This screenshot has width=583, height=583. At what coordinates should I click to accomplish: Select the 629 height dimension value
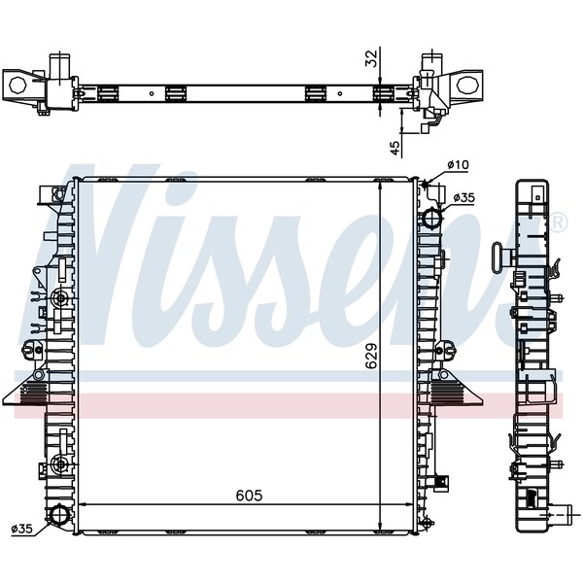coord(370,360)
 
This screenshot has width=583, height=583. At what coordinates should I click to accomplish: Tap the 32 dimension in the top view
coord(370,59)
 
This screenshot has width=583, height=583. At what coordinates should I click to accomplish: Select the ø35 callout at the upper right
coord(463,197)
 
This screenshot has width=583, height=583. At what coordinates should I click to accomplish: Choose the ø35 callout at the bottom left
coord(22,529)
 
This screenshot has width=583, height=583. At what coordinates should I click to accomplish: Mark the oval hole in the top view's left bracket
coord(17,84)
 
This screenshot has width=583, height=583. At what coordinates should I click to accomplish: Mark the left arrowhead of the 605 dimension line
coord(82,505)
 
